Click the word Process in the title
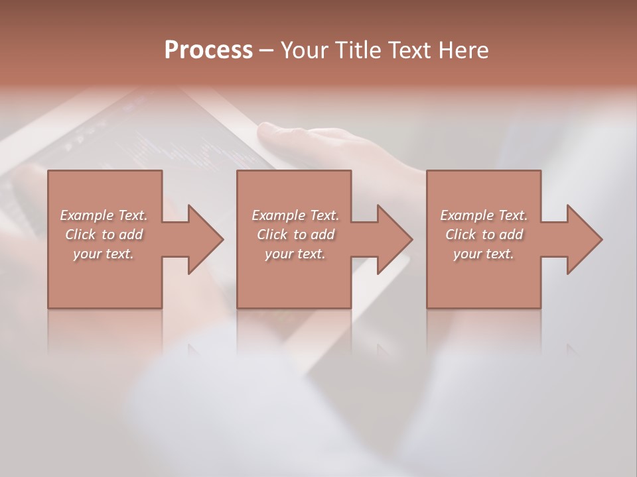pos(208,50)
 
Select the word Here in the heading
pos(464,50)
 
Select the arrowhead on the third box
pos(583,239)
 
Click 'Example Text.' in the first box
pos(104,215)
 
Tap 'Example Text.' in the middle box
pos(295,215)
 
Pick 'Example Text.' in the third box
pos(484,215)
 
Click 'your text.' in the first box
pos(104,254)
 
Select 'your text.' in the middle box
pos(295,254)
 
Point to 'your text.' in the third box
pos(484,254)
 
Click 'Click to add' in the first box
pos(104,235)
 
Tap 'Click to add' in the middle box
pos(295,235)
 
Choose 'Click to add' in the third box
pos(484,235)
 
